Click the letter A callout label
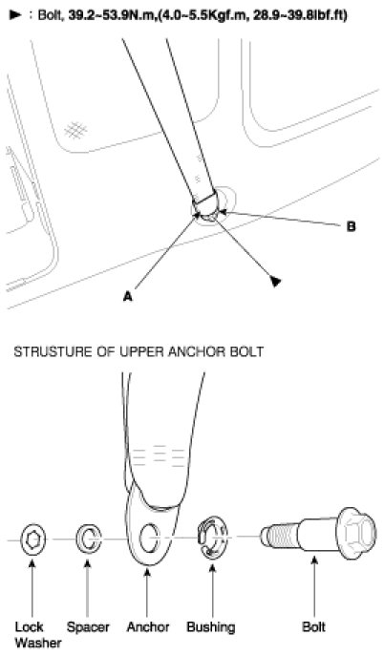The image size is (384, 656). (128, 297)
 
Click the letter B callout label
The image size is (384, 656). (351, 226)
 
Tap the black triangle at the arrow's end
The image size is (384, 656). (275, 281)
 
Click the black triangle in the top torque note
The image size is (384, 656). (14, 15)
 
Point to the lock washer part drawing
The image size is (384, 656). (33, 540)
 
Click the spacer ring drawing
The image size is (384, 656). (88, 540)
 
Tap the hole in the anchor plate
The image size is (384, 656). (148, 539)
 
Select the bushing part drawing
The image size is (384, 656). (212, 538)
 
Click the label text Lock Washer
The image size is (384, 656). (37, 635)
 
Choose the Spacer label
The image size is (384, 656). (88, 627)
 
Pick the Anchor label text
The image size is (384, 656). (148, 627)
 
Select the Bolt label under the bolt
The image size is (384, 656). (313, 627)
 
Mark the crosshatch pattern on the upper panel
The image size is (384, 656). (75, 130)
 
